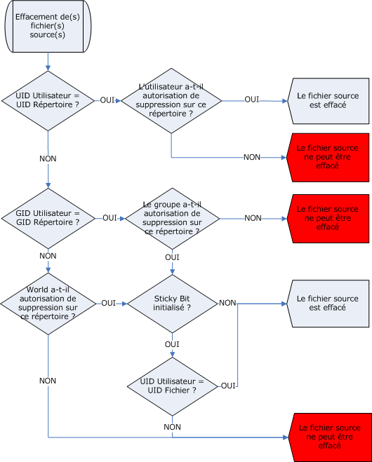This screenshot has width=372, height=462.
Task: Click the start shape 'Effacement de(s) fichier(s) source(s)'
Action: coord(48,26)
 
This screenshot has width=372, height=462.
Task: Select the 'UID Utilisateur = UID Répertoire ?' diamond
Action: coord(48,101)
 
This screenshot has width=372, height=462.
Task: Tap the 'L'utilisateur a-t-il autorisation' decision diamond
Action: coord(171,101)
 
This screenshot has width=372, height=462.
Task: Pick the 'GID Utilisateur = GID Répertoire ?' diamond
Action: coord(48,218)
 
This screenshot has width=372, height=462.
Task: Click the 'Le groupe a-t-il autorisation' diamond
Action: coord(172,219)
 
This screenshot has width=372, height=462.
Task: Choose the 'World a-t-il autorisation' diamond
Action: coord(48,304)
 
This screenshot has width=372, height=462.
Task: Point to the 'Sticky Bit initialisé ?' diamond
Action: coord(172,304)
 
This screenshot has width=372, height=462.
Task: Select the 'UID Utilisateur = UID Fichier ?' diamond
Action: coord(172,386)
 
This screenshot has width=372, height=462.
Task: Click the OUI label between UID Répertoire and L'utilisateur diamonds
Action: coord(107,100)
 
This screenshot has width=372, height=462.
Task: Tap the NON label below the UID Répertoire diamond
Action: coord(48,159)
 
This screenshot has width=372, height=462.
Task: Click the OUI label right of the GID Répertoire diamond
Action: coord(109,218)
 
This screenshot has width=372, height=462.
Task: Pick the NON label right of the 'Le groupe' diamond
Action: coord(253,218)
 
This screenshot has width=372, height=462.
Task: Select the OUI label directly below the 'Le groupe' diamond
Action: coord(172,257)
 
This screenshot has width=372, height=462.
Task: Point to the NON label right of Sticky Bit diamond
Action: coord(227,303)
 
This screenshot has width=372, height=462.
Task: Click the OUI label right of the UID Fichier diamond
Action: coord(228,386)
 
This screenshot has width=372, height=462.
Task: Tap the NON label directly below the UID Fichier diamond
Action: coord(172,427)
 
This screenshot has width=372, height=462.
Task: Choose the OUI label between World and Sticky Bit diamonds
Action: coord(109,303)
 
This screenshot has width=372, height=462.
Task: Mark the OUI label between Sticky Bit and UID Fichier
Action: coord(172,344)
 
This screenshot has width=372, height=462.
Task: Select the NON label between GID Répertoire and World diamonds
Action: coord(48,256)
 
